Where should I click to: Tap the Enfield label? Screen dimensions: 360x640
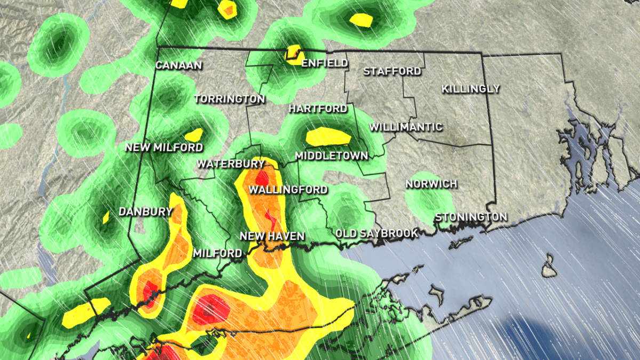pos(325,63)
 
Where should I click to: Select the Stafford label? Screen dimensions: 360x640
pos(392,71)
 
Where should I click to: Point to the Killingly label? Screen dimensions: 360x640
pos(471,89)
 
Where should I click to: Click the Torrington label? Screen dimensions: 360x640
pos(229,99)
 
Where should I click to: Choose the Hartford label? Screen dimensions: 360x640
pos(318,109)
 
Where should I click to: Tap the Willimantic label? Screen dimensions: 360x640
pos(406,127)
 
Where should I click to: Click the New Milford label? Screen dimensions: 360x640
pos(164,147)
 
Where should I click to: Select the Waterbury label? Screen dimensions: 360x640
pos(231,164)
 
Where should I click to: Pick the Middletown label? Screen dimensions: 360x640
pos(332,156)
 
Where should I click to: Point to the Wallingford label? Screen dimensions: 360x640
pos(288,190)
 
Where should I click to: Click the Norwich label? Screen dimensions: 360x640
pos(431,184)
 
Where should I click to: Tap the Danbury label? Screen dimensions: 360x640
pos(146,212)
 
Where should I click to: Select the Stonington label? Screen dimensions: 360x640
pos(471,217)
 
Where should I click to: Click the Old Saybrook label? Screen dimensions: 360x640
pos(377,234)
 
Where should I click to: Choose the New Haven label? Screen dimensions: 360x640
pos(272,236)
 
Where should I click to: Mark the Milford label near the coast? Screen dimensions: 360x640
pos(218,253)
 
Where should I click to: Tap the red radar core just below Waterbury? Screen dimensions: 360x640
pos(261,177)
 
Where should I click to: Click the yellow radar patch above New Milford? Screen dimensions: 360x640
pos(194,134)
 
